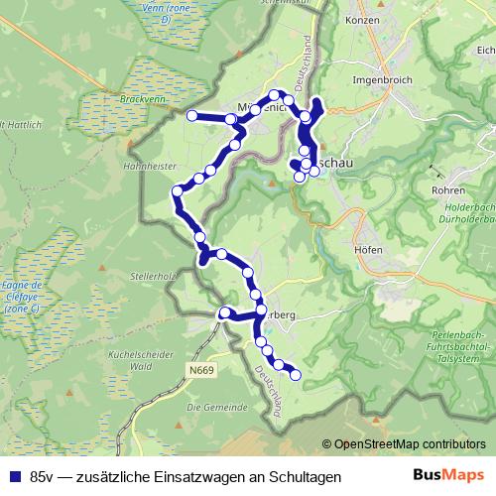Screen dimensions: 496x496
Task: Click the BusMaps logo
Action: [447, 476]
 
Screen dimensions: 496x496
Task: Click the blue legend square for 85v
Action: [14, 476]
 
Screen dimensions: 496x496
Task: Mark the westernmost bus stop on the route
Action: [192, 116]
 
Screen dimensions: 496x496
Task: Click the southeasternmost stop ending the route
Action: [295, 375]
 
